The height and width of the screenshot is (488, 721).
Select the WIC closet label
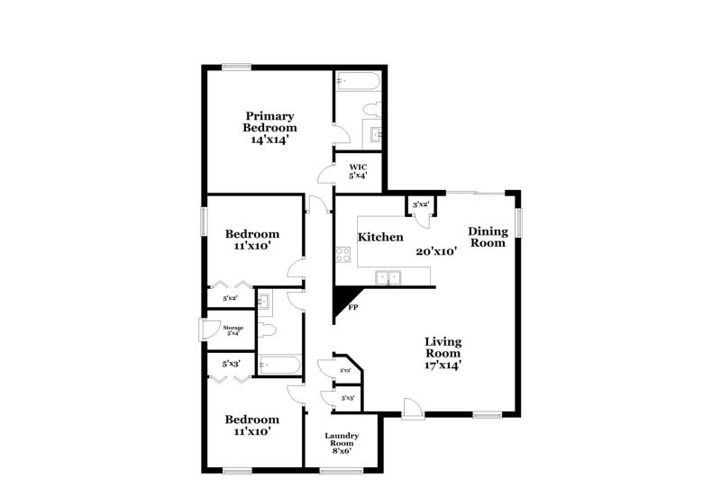(x=359, y=166)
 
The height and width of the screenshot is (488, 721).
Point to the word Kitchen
(x=380, y=238)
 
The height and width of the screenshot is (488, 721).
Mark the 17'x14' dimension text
(x=443, y=366)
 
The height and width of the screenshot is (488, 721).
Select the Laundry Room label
(x=342, y=440)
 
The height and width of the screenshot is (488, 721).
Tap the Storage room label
(x=233, y=328)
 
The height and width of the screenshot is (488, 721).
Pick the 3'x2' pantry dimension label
(x=420, y=206)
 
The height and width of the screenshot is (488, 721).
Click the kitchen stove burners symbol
(x=342, y=255)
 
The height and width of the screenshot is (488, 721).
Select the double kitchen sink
(x=389, y=276)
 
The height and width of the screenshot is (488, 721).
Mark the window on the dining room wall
(x=519, y=221)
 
